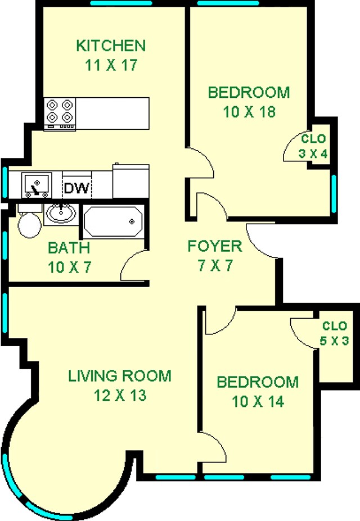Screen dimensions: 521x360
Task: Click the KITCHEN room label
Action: click(111, 45)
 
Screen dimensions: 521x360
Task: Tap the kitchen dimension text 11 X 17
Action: click(111, 65)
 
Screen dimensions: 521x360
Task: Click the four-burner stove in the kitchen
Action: click(60, 111)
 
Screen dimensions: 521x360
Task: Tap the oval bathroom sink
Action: click(61, 213)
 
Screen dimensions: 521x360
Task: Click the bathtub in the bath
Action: click(112, 222)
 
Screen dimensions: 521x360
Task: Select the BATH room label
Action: click(68, 247)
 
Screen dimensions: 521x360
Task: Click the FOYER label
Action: click(214, 246)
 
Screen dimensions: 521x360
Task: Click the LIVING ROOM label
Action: click(120, 375)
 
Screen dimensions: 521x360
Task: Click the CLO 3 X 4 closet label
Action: click(313, 146)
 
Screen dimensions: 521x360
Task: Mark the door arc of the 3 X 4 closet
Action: click(291, 147)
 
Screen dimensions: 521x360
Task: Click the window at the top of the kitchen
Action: click(121, 3)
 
